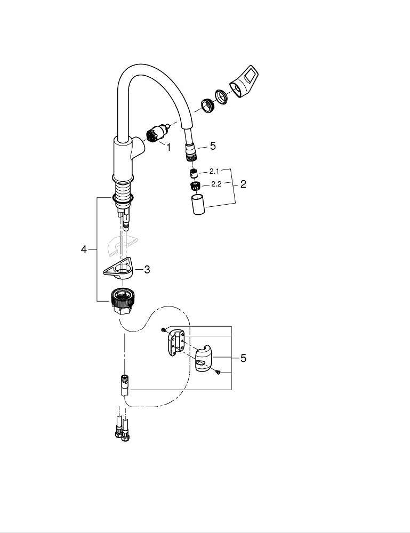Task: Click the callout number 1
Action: click(168, 147)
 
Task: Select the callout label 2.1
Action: click(214, 172)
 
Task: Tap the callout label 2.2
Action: click(216, 184)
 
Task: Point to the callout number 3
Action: click(147, 270)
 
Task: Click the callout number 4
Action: click(84, 249)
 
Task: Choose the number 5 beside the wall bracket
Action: click(243, 358)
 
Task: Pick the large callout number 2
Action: click(243, 184)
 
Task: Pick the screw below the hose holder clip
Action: click(218, 373)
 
